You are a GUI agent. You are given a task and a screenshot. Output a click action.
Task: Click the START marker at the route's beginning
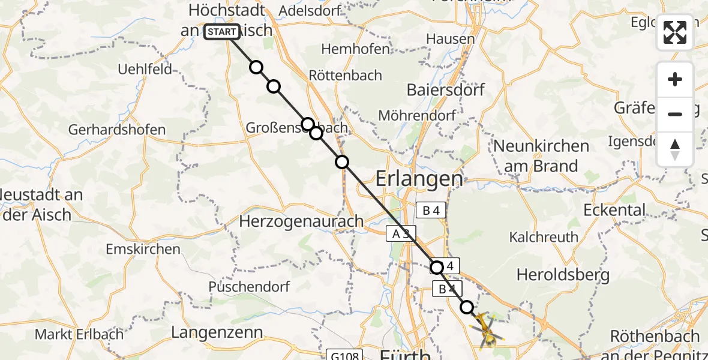coord(222,32)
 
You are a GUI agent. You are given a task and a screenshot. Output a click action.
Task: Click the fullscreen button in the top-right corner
coord(675,32)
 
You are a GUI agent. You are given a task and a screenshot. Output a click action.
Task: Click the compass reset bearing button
coord(675,149)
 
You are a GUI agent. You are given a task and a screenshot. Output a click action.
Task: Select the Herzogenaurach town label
coord(301,221)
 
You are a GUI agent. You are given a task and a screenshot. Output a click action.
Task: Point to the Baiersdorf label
coord(445,89)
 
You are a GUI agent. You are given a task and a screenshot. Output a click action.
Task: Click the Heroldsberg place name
coord(563,275)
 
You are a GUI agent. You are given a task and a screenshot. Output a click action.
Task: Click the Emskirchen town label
coord(143,248)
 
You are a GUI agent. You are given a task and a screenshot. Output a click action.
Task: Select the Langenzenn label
coord(217,332)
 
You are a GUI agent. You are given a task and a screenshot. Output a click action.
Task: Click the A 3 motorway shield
coord(401,234)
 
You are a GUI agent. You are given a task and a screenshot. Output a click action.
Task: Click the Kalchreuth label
coord(544,237)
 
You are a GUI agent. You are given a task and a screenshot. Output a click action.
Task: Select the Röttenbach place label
coord(345,75)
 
